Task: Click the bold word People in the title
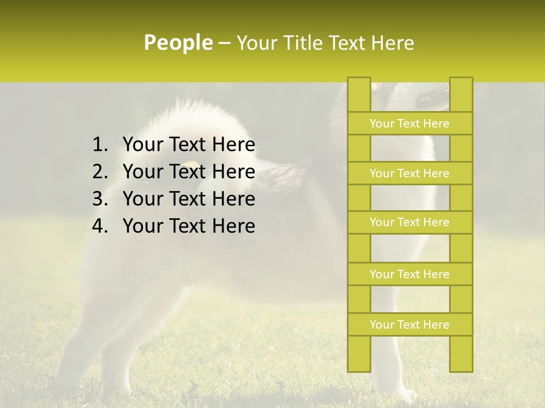click(x=178, y=42)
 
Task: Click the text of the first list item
click(x=188, y=145)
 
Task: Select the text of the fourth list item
click(x=188, y=226)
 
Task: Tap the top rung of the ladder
click(x=409, y=124)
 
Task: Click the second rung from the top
click(x=409, y=173)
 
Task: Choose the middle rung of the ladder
click(x=409, y=222)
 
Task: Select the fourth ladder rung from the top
click(x=409, y=274)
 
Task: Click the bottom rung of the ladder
click(x=409, y=325)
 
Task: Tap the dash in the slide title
click(x=224, y=43)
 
